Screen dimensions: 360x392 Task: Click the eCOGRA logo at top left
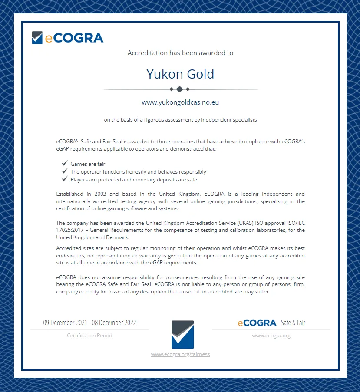click(68, 38)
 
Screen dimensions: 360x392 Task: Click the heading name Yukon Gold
click(180, 74)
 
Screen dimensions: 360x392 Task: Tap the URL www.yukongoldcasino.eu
click(180, 102)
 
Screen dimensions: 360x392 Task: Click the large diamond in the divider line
click(180, 89)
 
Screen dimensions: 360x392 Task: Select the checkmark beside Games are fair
click(64, 164)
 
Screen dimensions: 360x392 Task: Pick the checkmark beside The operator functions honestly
click(64, 171)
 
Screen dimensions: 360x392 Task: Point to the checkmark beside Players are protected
click(64, 179)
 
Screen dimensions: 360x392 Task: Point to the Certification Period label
click(89, 335)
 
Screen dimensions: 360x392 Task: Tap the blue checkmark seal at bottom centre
click(183, 334)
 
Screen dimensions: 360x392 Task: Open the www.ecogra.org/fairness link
click(180, 354)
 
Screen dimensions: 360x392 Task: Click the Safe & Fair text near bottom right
click(293, 323)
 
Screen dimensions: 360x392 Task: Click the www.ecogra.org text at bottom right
click(271, 335)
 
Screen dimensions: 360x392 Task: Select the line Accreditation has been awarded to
click(180, 53)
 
